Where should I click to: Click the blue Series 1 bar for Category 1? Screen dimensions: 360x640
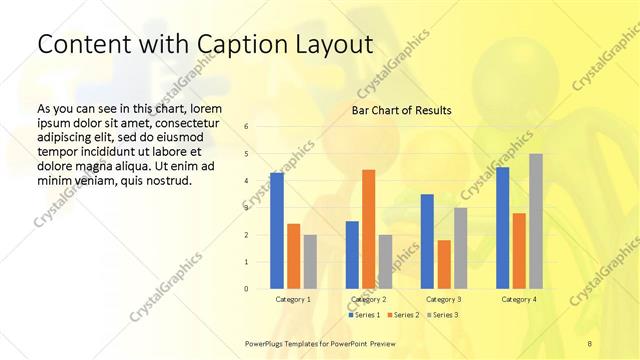pyautogui.click(x=276, y=231)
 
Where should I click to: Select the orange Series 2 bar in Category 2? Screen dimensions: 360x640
pyautogui.click(x=368, y=229)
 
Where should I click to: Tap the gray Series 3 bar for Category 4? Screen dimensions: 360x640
pyautogui.click(x=536, y=221)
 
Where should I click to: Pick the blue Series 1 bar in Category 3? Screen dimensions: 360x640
pyautogui.click(x=427, y=241)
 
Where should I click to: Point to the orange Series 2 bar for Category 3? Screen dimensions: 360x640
pyautogui.click(x=444, y=264)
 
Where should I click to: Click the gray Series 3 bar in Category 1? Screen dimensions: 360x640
pyautogui.click(x=310, y=262)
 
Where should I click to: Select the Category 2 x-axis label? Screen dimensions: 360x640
pyautogui.click(x=369, y=299)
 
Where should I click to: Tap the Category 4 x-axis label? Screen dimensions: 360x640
pyautogui.click(x=519, y=299)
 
